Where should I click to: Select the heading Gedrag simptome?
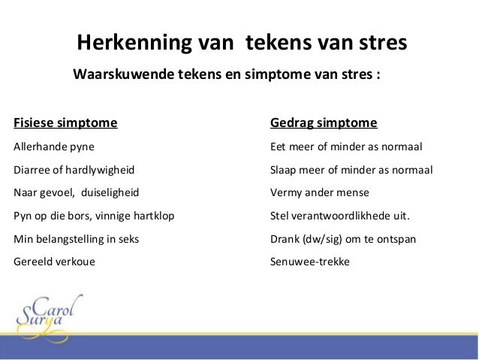(323, 123)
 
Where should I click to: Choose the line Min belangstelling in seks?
(77, 239)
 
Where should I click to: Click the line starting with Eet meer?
(346, 146)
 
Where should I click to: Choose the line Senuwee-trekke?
(309, 262)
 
